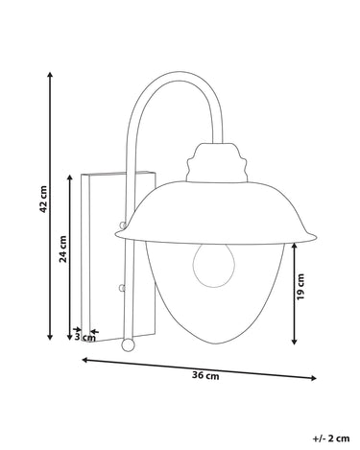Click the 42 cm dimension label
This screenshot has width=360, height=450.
43,199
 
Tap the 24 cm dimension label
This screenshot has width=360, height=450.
63,249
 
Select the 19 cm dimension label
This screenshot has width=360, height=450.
300,287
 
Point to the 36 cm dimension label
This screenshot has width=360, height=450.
205,375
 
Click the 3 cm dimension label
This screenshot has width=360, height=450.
85,337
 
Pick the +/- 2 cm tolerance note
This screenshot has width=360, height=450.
331,438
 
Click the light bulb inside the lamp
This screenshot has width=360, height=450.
213,265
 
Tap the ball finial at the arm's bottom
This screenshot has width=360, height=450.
128,344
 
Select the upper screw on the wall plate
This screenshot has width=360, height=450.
122,225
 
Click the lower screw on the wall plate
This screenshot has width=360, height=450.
122,288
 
